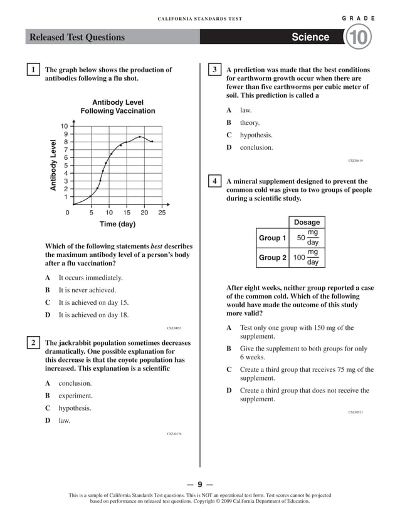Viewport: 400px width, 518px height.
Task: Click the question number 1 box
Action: click(x=33, y=70)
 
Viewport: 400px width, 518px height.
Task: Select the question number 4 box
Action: click(x=214, y=182)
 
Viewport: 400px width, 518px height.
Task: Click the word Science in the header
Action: click(x=310, y=38)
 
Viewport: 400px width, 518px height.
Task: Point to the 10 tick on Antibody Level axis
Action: click(x=64, y=126)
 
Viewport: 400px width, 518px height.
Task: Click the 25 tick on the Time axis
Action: click(x=162, y=213)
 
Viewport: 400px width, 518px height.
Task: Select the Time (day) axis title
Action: click(x=117, y=225)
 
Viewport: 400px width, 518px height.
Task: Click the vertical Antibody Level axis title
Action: click(x=53, y=165)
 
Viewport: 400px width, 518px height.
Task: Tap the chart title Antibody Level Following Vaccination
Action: click(x=117, y=107)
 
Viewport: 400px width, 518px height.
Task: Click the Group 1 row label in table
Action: click(x=272, y=238)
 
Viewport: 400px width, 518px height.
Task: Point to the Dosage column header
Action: click(x=307, y=222)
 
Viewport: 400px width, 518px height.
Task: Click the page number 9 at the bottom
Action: click(x=199, y=484)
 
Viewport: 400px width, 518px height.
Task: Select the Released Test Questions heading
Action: click(x=77, y=38)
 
